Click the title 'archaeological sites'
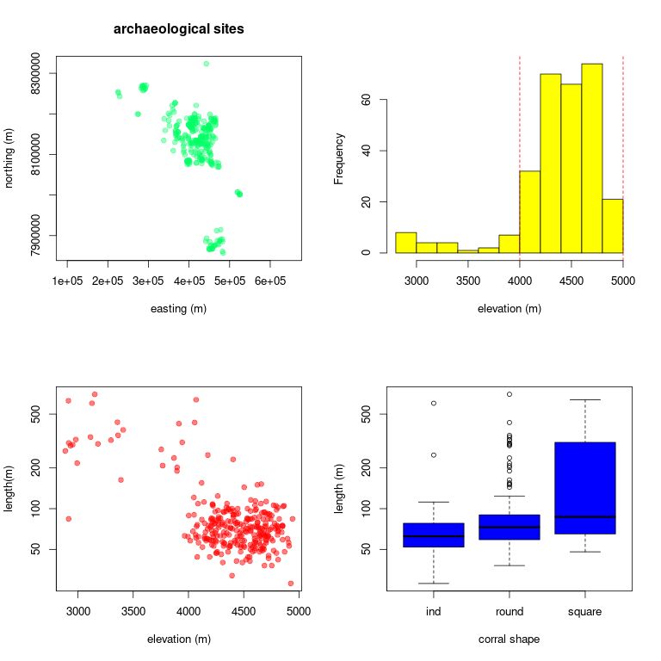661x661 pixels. point(179,29)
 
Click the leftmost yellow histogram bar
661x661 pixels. point(405,243)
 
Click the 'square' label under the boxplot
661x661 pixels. point(584,612)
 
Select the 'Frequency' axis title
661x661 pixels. point(339,158)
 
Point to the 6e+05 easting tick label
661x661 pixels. point(269,281)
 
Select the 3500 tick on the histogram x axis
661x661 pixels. point(467,281)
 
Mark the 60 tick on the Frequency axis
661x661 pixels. point(367,100)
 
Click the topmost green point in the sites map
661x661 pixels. point(206,63)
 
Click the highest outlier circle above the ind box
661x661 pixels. point(433,403)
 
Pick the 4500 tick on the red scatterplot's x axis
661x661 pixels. point(244,612)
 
